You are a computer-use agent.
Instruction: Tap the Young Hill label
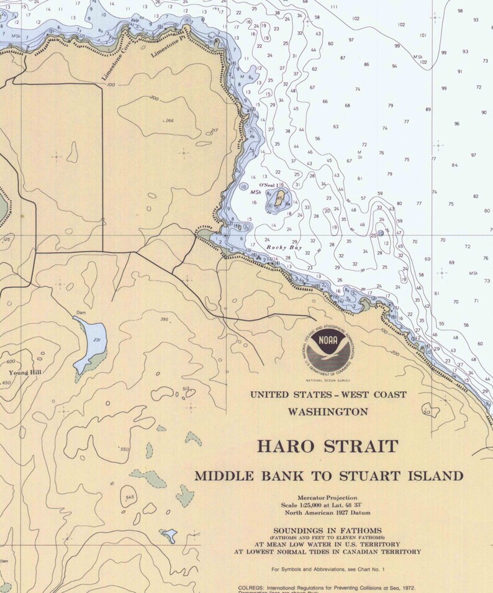[x=25, y=373]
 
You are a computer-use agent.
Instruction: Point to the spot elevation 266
[x=169, y=120]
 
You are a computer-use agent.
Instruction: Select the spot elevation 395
[x=164, y=320]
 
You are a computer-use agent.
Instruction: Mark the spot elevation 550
[x=125, y=449]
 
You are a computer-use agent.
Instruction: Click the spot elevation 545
[x=129, y=497]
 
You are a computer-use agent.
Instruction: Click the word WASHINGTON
[x=328, y=411]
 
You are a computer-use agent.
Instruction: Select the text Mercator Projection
[x=327, y=498]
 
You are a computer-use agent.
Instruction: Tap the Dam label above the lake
[x=80, y=312]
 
